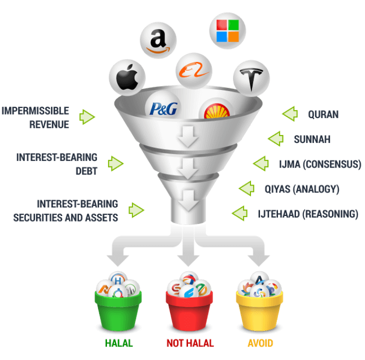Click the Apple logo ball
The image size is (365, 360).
tap(127, 77)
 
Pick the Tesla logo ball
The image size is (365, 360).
tap(251, 77)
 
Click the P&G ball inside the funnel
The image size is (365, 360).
tap(161, 106)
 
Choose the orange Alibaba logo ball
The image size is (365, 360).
tap(193, 71)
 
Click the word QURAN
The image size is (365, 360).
tap(323, 114)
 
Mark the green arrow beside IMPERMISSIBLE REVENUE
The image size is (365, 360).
tap(87, 117)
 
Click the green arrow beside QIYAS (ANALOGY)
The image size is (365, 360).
tap(246, 188)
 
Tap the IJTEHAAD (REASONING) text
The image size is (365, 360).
tap(308, 214)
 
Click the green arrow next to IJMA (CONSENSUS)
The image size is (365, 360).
tap(260, 163)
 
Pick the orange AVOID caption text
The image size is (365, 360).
tap(259, 343)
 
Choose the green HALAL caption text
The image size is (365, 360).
tap(118, 343)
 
